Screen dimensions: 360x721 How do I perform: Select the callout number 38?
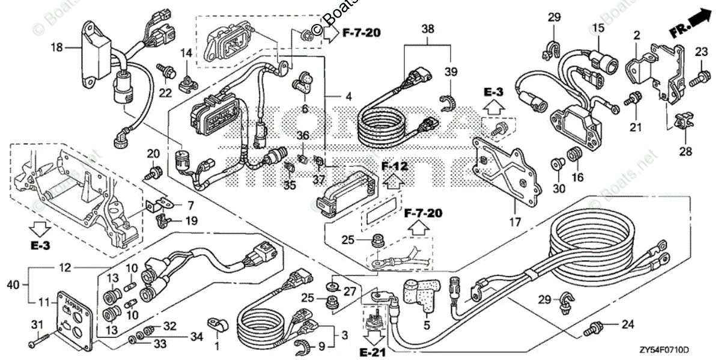tap(427, 28)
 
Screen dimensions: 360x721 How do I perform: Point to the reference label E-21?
tap(374, 348)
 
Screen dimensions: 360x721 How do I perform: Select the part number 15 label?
tap(597, 28)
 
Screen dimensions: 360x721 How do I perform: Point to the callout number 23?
tap(701, 52)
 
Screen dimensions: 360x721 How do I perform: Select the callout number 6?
tap(305, 109)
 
